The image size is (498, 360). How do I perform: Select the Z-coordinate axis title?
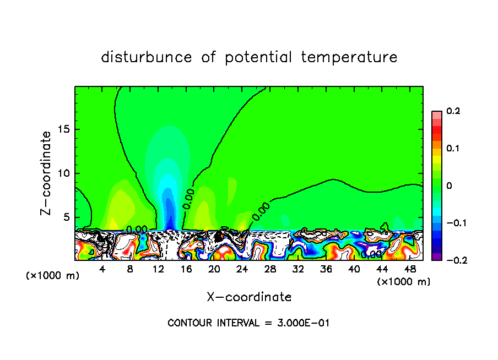coord(47,173)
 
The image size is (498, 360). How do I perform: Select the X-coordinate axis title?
coord(249,297)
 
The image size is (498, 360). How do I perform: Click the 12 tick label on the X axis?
coord(159,270)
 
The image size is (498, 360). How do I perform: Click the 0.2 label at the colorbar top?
coord(453,111)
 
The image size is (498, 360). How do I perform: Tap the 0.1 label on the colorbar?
coord(453,149)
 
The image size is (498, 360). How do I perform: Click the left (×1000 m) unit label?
coord(53,276)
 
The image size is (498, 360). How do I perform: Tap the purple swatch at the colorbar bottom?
coord(436,257)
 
